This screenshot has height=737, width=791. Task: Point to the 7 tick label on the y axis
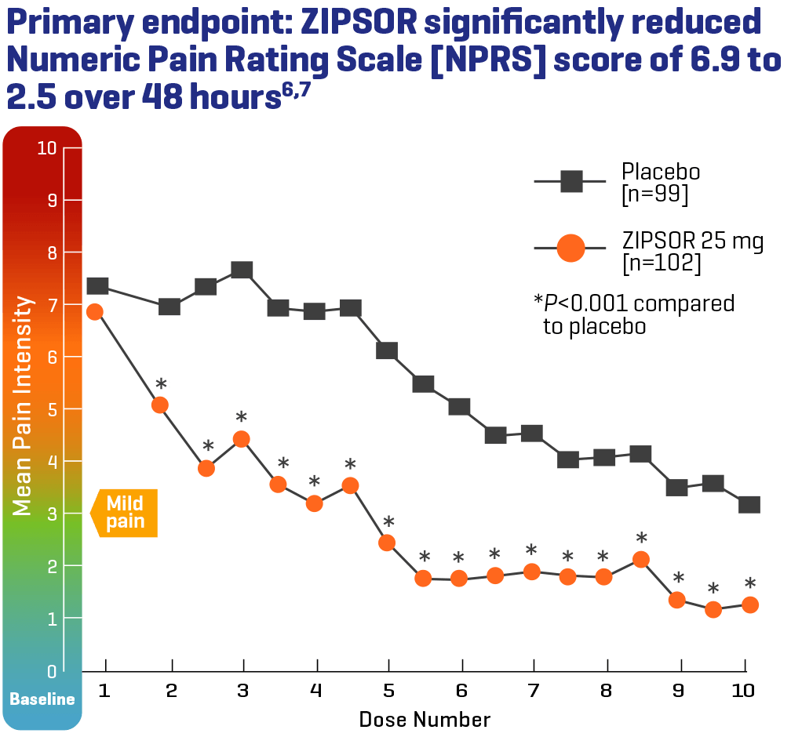pos(52,305)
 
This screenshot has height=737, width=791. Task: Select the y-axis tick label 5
pos(52,409)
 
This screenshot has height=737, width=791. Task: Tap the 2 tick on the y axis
pos(52,566)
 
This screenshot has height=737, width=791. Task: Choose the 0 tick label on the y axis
pos(52,671)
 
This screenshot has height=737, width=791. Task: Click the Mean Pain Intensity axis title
pos(23,405)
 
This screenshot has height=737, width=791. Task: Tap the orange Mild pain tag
pos(125,512)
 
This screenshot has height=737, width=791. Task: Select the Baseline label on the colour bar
pos(42,699)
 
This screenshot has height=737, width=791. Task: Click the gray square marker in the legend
pos(570,181)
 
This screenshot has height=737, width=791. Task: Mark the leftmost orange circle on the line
pos(94,311)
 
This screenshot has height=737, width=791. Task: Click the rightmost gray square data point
pos(749,503)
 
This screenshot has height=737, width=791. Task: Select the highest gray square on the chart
pos(242,270)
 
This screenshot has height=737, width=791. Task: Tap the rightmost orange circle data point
pos(749,604)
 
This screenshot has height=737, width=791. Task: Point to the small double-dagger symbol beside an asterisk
pos(169,383)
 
